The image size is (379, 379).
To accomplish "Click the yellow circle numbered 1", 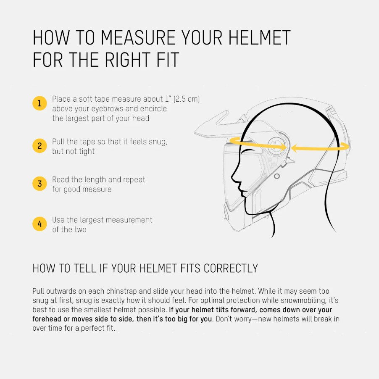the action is (39, 103).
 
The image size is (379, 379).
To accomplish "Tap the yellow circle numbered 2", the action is (39, 146).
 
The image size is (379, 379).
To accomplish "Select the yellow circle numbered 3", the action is (39, 184).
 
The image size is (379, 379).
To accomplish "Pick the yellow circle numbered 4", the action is (39, 224).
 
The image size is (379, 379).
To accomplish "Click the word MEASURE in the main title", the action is (138, 37).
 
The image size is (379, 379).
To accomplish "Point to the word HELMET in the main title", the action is (259, 37).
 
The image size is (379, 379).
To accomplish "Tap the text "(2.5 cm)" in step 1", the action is (187, 99).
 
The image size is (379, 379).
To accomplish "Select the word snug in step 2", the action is (158, 142).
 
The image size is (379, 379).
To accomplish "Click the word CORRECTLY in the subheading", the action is (231, 268).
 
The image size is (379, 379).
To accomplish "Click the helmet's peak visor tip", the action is (195, 132).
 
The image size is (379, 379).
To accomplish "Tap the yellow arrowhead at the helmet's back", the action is (346, 146).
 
